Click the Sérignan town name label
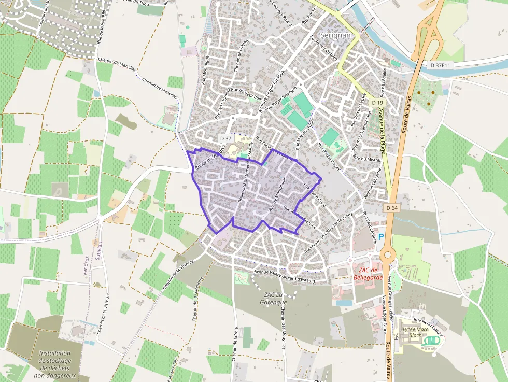point(336,35)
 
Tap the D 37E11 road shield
point(441,65)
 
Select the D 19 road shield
point(377,103)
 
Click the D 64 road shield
point(392,208)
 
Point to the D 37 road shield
point(225,138)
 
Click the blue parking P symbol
point(381,237)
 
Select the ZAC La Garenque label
point(275,299)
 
